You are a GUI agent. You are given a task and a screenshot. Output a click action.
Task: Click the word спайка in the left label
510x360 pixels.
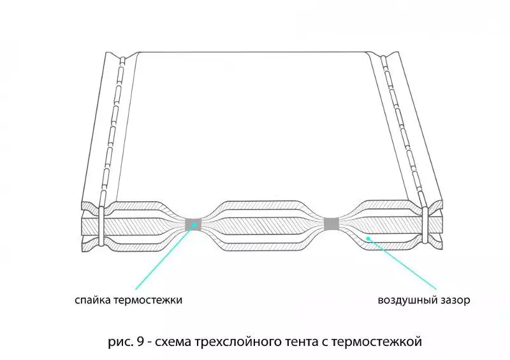pos(93,299)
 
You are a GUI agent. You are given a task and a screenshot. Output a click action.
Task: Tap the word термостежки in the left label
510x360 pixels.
pos(148,299)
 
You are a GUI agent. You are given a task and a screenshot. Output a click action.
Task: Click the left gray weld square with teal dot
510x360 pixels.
pos(194,224)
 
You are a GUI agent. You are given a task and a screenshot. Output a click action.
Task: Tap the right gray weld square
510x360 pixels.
pos(331,224)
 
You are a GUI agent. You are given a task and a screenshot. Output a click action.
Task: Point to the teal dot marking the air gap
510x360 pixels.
pos(368,238)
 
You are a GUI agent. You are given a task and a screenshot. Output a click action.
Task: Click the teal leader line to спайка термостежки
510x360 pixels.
pos(164,257)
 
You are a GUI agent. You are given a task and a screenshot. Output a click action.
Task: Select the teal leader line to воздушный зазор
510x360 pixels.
pos(402,264)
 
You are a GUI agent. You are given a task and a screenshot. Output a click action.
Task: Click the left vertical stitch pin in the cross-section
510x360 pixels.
pos(101,226)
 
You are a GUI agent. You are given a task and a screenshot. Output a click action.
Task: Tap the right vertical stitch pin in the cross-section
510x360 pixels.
pos(425,224)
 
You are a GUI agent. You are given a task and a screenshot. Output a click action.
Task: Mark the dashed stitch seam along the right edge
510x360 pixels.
pos(404,130)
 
